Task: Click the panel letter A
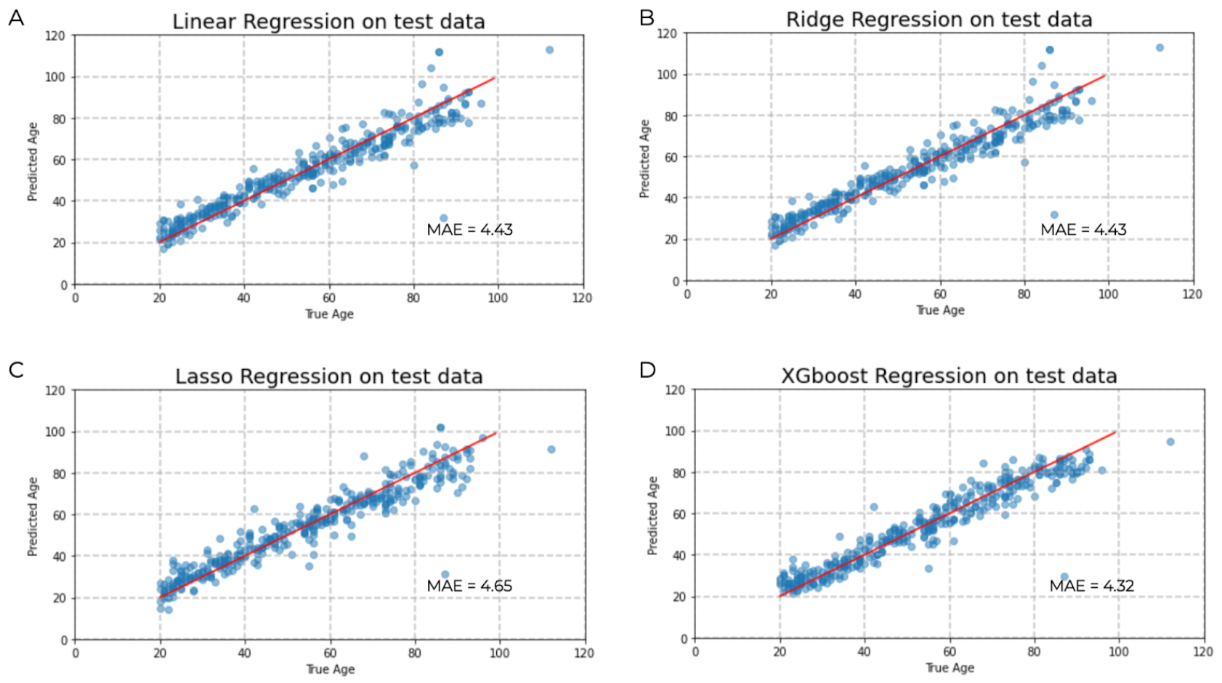[x=16, y=17]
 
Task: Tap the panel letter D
[x=647, y=370]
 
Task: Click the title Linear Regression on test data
[x=328, y=22]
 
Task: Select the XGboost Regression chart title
[x=949, y=376]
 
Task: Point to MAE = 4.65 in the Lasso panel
[x=469, y=586]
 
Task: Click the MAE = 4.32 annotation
[x=1091, y=586]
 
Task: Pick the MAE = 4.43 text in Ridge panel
[x=1083, y=230]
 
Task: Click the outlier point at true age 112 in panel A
[x=549, y=50]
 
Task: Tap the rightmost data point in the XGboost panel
[x=1170, y=442]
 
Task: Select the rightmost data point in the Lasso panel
[x=551, y=450]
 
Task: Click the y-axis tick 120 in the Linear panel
[x=55, y=36]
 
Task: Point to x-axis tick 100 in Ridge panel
[x=1108, y=294]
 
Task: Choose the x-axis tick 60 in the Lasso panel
[x=330, y=652]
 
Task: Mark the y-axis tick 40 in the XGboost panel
[x=679, y=555]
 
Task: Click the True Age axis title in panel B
[x=940, y=310]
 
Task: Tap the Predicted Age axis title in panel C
[x=33, y=517]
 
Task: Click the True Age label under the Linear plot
[x=329, y=314]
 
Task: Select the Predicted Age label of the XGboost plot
[x=652, y=516]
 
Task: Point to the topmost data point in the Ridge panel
[x=1160, y=48]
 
